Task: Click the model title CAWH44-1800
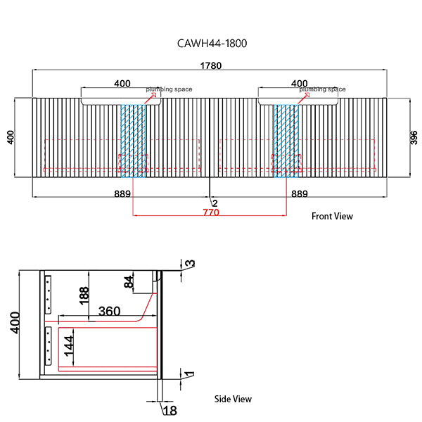(x=212, y=43)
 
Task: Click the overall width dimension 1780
(x=211, y=66)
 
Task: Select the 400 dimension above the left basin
(x=122, y=84)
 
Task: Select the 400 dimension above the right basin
(x=299, y=84)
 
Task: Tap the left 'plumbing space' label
(x=169, y=90)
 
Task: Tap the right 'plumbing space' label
(x=323, y=90)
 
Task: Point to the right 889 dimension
(x=299, y=193)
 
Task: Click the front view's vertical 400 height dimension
(x=10, y=136)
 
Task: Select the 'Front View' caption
(x=332, y=217)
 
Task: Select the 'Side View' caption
(x=233, y=399)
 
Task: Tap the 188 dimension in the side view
(x=84, y=294)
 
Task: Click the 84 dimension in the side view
(x=128, y=283)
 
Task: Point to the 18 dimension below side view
(x=169, y=410)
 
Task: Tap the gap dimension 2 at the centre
(x=215, y=203)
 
